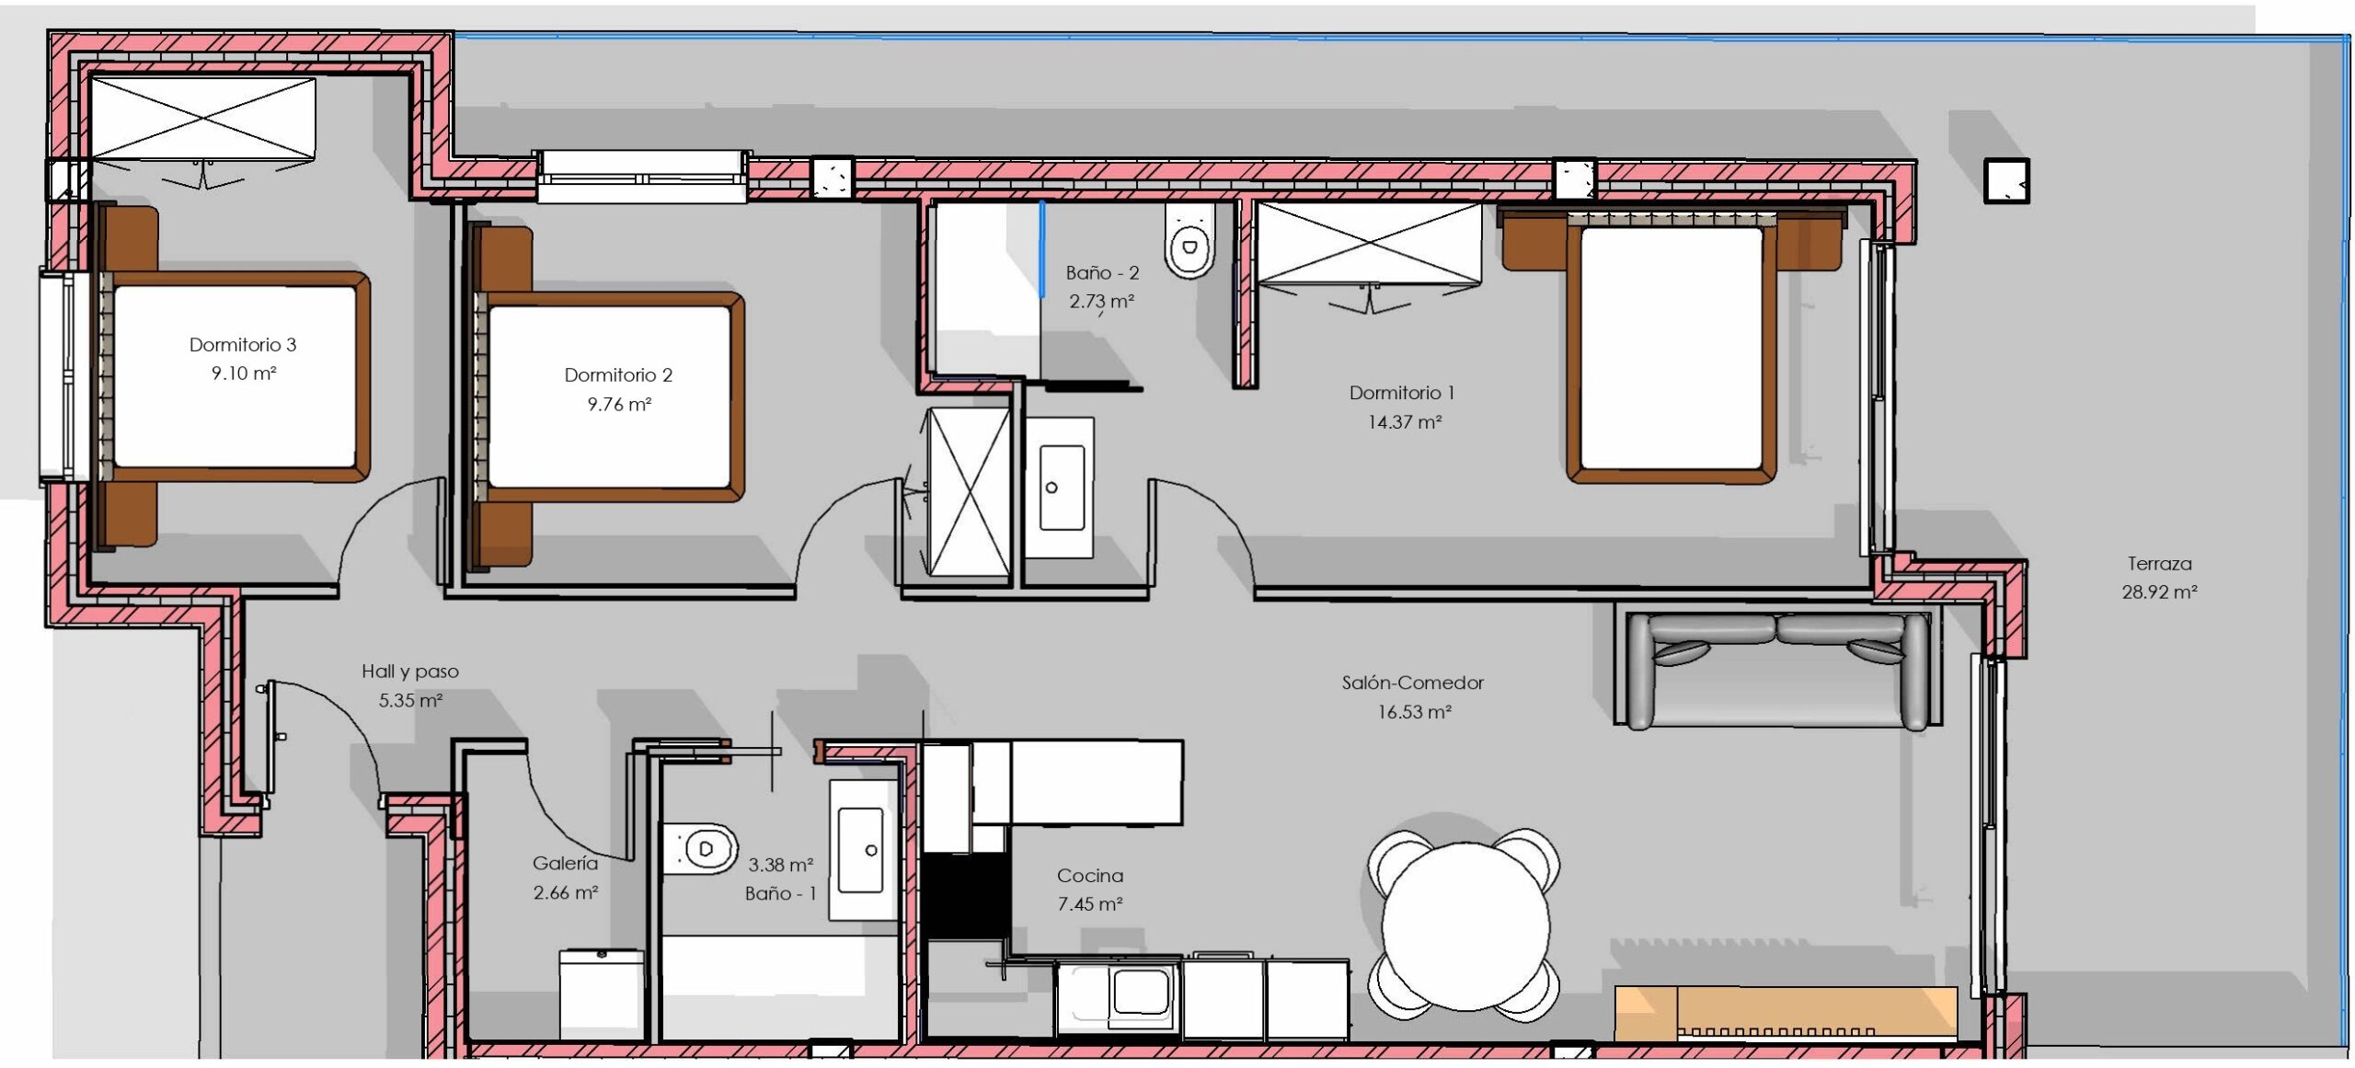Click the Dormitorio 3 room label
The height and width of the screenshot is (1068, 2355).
coord(243,345)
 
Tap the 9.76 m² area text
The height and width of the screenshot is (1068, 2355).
coord(619,404)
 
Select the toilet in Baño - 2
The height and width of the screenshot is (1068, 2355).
coord(1189,240)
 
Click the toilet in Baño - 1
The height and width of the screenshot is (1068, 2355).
coord(700,848)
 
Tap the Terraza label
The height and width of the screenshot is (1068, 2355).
coord(2159,563)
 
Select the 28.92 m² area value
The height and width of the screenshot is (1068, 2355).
coord(2159,592)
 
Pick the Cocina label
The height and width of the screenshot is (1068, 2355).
coord(1090,876)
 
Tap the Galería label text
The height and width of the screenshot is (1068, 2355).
coord(565,863)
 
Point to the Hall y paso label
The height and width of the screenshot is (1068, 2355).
coord(410,672)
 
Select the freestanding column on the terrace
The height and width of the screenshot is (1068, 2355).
coord(2006,180)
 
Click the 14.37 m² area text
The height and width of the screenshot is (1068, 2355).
coord(1404,422)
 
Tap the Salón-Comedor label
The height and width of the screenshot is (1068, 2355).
coord(1413,683)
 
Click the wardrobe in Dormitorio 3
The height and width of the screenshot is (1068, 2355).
coord(203,119)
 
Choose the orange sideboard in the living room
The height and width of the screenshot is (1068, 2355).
coord(1786,1014)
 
